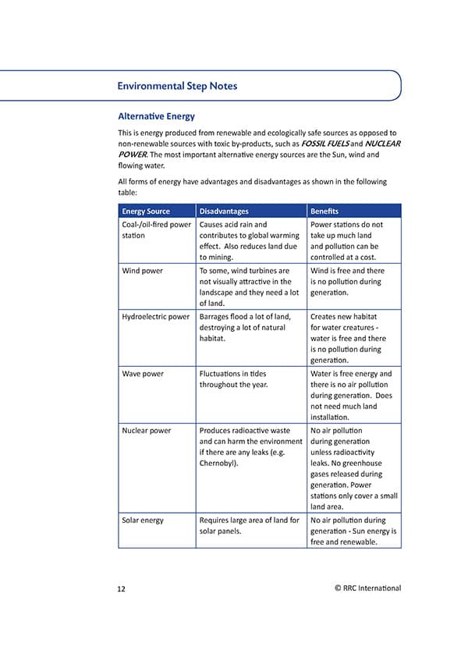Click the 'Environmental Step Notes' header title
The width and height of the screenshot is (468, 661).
177,86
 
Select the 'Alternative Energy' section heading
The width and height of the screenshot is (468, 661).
156,116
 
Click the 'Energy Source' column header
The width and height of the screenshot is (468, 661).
146,211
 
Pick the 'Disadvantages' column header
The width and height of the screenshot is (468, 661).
224,211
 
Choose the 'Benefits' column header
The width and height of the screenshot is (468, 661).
324,211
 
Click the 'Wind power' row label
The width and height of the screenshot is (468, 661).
142,271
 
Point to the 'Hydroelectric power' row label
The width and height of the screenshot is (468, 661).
156,317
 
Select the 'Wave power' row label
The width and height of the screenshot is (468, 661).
143,374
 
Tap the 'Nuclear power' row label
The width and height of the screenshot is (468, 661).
147,430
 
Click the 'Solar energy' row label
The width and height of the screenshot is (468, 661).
143,520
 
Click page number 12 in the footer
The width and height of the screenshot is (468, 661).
122,588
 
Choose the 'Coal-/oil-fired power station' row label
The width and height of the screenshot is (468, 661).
156,229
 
